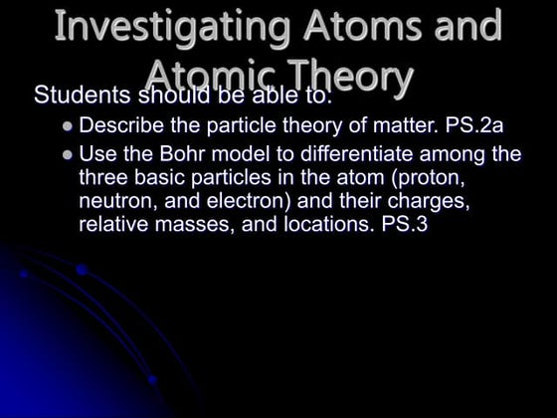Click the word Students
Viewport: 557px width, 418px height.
pyautogui.click(x=84, y=97)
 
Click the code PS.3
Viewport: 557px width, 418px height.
pyautogui.click(x=404, y=225)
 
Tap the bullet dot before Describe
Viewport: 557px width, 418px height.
pyautogui.click(x=68, y=128)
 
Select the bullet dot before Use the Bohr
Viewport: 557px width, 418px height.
pyautogui.click(x=68, y=155)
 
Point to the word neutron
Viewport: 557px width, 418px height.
pyautogui.click(x=113, y=202)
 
